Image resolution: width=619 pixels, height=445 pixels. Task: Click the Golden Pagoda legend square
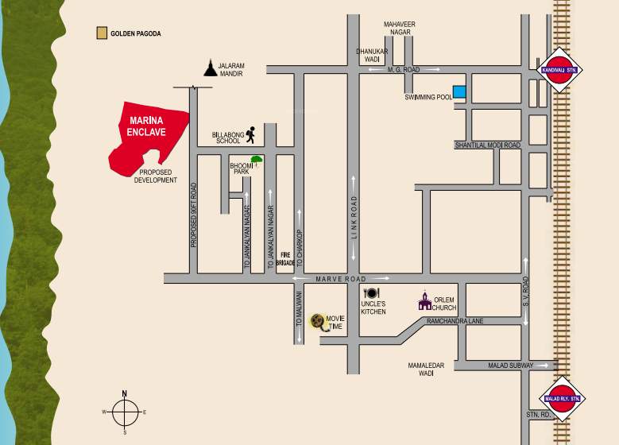point(101,33)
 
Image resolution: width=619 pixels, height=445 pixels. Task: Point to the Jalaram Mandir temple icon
point(210,68)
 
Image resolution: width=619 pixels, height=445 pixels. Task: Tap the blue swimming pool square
point(458,92)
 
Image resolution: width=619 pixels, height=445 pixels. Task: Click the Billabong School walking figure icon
point(250,134)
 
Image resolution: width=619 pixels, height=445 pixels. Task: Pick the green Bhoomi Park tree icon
point(256,161)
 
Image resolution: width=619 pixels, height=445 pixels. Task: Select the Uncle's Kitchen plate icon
point(371,293)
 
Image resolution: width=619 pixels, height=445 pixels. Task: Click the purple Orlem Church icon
point(425,300)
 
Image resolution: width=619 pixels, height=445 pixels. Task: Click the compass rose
point(125,412)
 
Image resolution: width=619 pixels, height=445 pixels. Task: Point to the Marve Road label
point(339,279)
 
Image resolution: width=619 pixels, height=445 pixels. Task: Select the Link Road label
point(354,217)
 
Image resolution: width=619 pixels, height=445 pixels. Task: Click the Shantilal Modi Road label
point(487,145)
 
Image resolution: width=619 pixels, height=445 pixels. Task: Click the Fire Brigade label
point(288,258)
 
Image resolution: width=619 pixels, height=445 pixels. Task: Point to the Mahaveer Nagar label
point(400,50)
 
